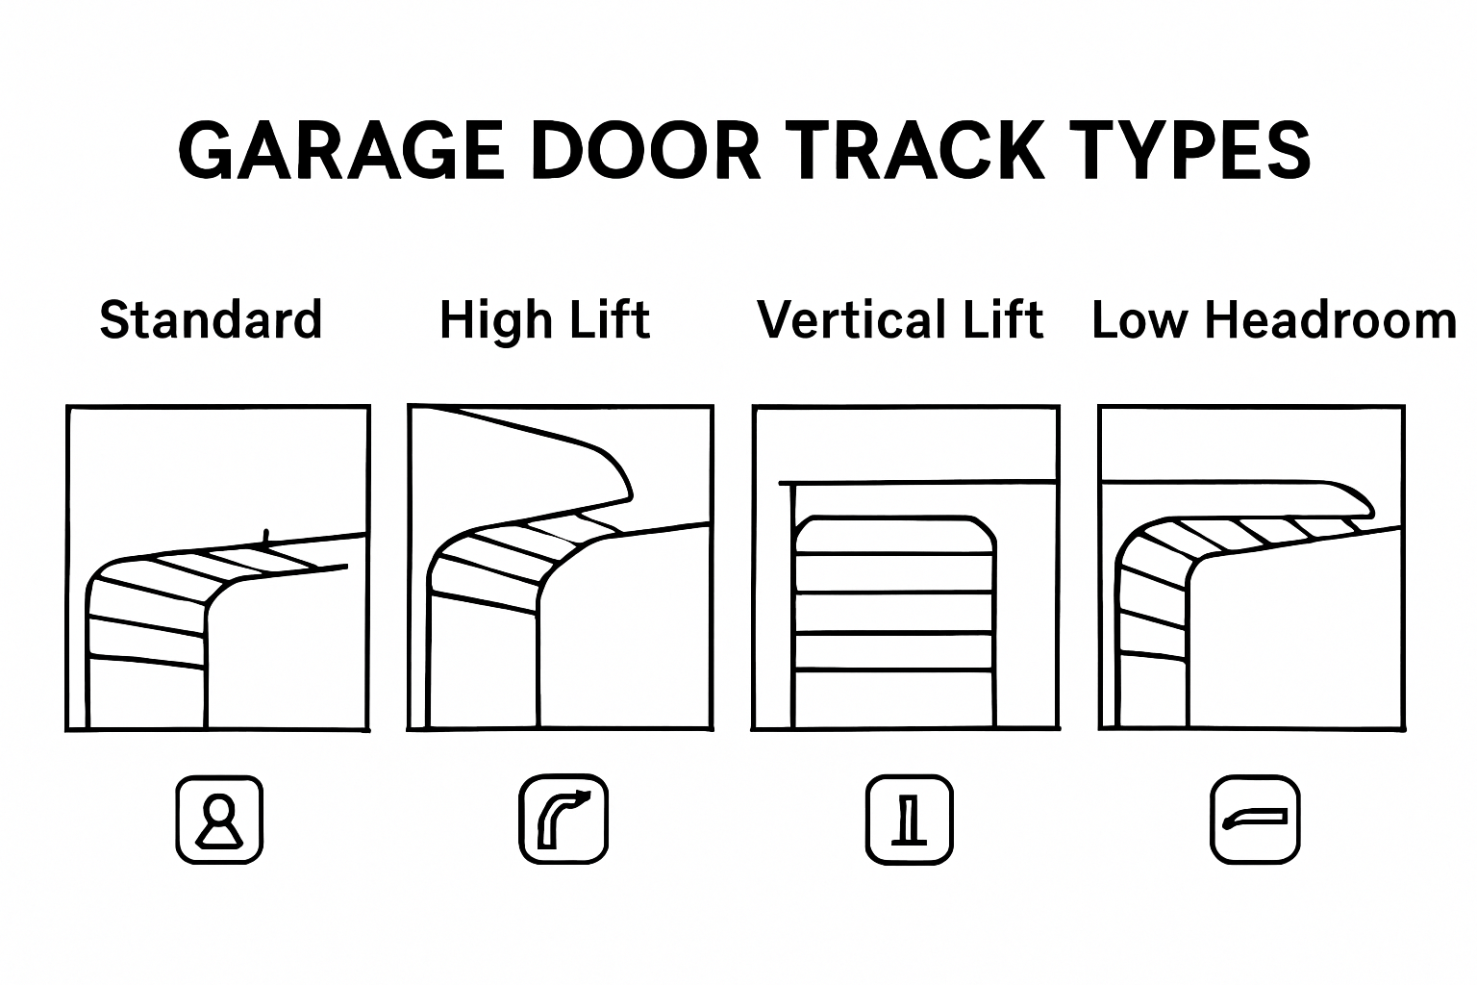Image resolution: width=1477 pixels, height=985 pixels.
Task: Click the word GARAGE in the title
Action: point(341,150)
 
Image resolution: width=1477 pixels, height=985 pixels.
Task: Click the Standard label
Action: point(211,320)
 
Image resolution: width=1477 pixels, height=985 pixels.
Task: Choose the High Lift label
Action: point(544,320)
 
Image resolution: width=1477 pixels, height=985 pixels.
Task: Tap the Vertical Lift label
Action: point(900,320)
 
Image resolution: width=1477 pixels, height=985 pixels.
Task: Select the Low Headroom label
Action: point(1274,320)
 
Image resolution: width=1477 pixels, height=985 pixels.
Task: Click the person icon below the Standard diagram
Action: point(219,820)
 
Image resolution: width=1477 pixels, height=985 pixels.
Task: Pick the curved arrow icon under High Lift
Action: point(563,820)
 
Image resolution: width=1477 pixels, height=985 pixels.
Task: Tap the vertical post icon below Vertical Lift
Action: point(909,820)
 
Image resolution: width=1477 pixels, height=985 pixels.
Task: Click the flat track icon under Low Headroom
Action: point(1255,820)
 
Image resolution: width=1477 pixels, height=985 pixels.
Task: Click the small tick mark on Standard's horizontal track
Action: point(266,537)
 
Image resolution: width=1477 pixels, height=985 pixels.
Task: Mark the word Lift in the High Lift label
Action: point(611,320)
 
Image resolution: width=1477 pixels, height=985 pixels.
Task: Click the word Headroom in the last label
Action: point(1331,320)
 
